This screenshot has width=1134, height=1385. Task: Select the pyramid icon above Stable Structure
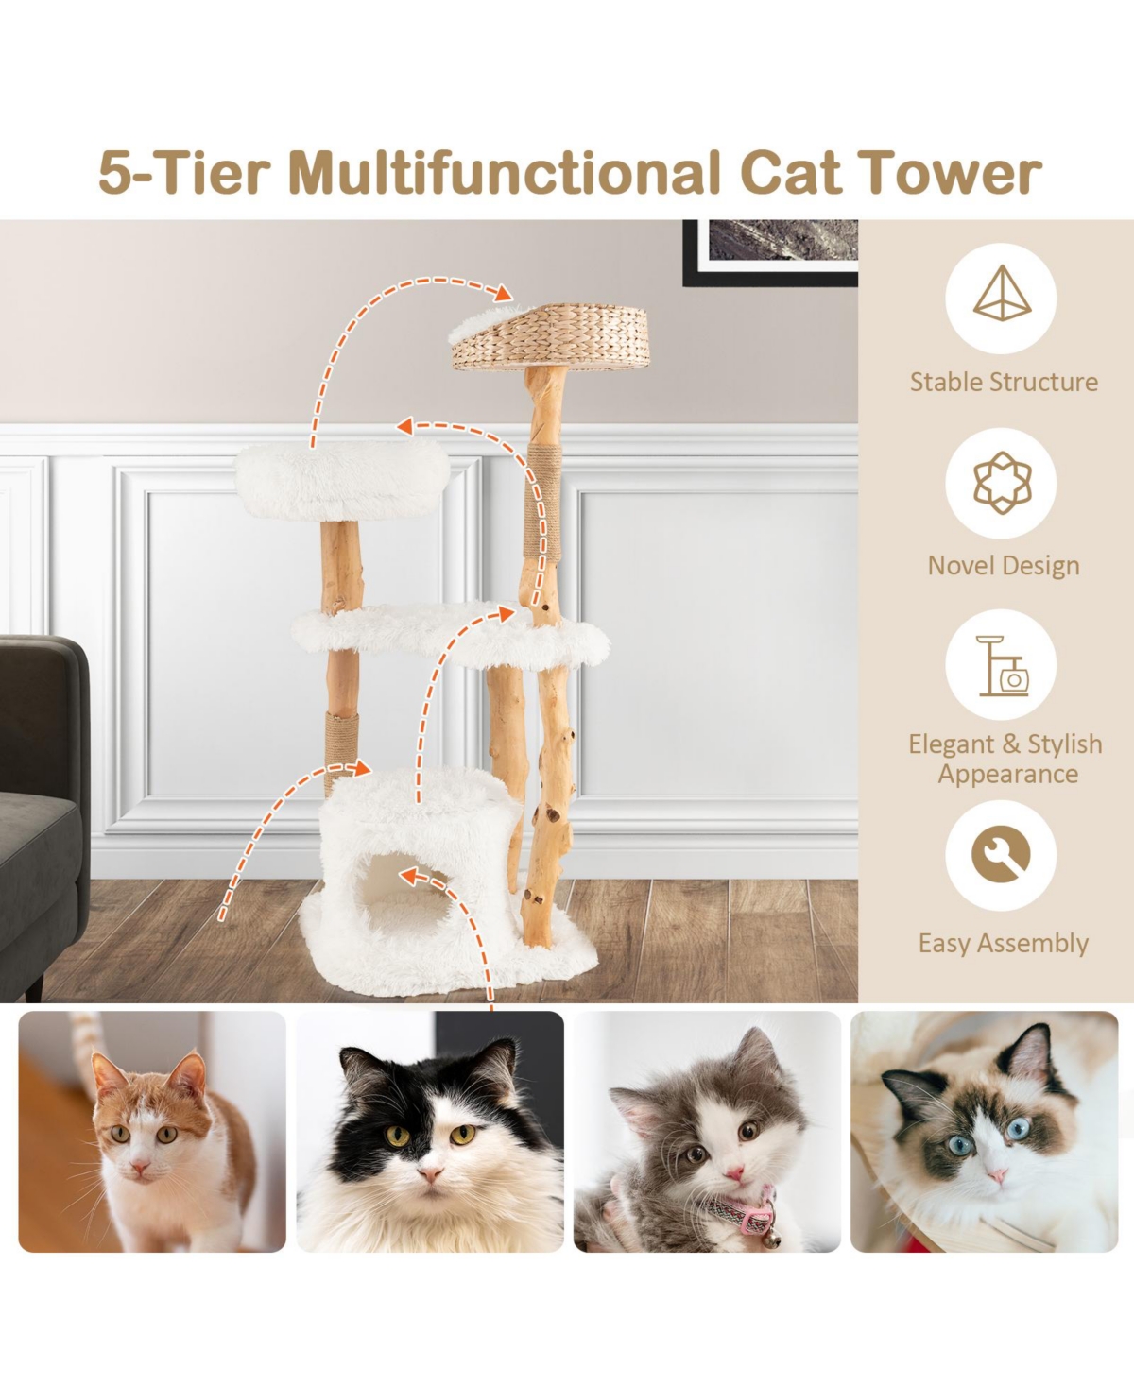(x=1002, y=297)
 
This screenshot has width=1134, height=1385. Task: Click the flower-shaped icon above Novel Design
(x=1002, y=482)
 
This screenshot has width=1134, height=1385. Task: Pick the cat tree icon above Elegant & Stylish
(x=1002, y=665)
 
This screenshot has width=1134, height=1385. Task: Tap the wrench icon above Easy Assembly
(x=1002, y=855)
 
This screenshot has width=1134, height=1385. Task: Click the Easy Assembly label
(x=1004, y=943)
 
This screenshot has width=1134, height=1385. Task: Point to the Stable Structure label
(x=1004, y=382)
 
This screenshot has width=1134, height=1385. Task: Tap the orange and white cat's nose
(x=140, y=1169)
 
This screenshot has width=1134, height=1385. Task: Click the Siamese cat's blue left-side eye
(x=959, y=1145)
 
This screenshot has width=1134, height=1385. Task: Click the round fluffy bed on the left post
(x=342, y=480)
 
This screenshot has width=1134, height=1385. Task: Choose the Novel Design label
(x=1004, y=565)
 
